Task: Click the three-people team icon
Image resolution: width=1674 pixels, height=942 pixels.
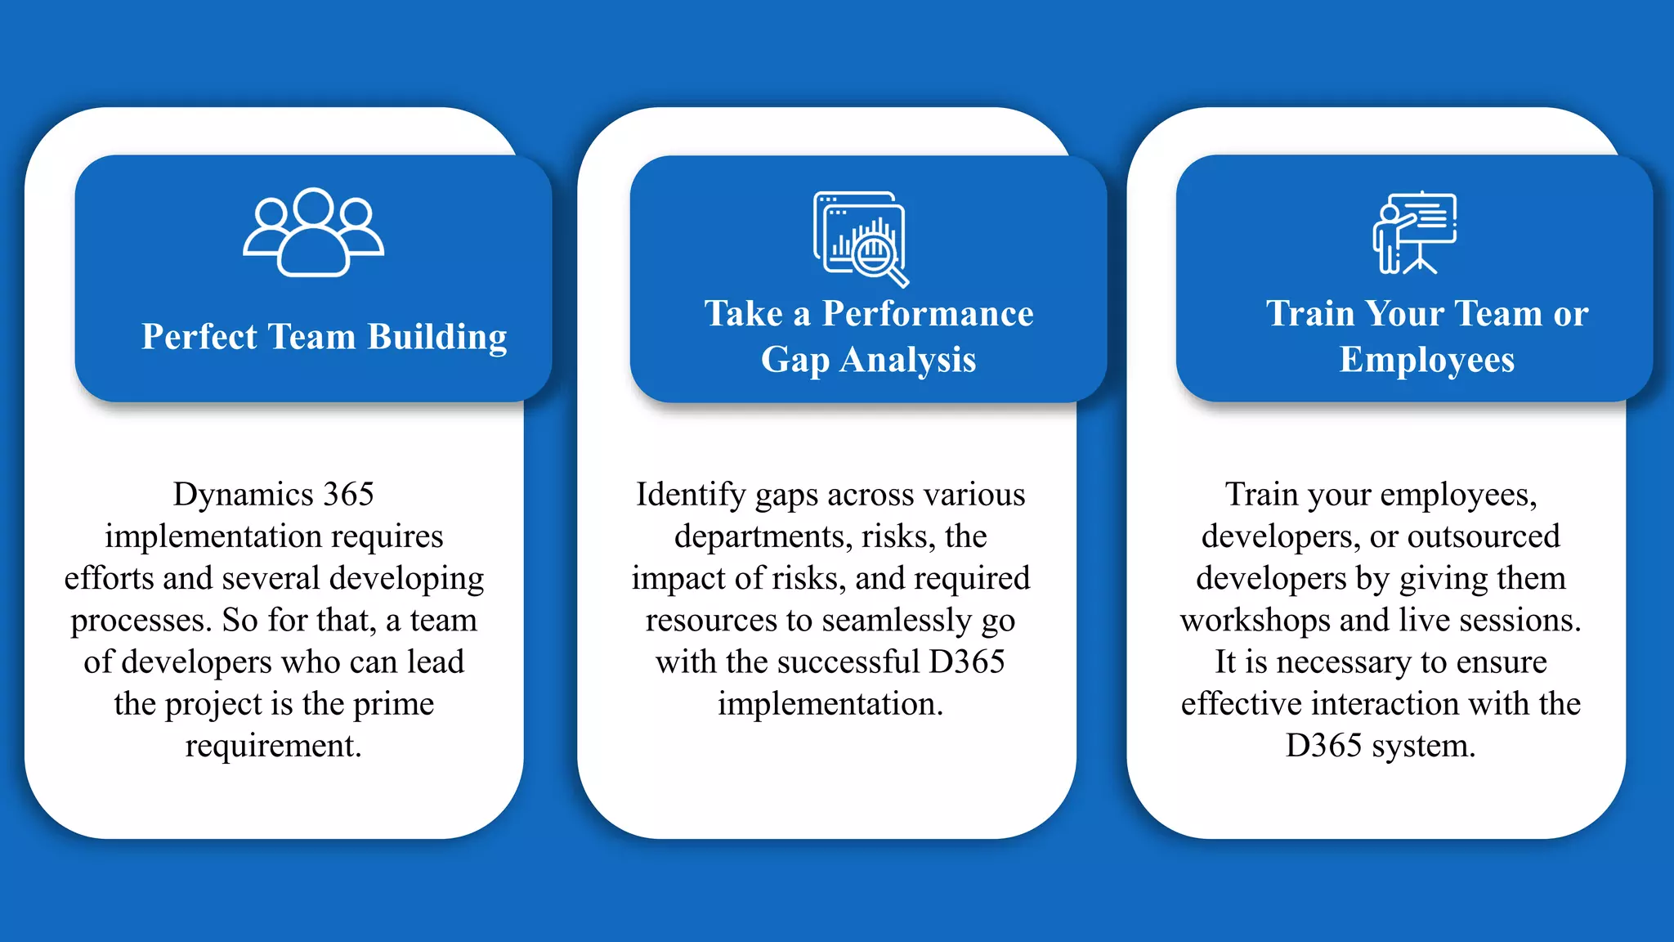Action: click(x=313, y=232)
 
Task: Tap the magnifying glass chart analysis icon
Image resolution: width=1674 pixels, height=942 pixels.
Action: click(x=861, y=238)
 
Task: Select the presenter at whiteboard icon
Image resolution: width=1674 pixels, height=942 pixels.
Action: click(x=1414, y=232)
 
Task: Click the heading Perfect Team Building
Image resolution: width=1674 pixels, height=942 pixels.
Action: click(x=324, y=337)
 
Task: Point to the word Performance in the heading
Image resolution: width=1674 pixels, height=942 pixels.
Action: click(x=928, y=314)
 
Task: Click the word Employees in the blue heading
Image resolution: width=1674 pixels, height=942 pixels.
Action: click(x=1426, y=360)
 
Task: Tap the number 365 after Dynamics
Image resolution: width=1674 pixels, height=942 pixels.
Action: click(x=349, y=494)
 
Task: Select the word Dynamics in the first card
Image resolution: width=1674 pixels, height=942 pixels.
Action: click(x=244, y=494)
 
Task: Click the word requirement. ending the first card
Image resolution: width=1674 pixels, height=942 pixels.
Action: click(x=273, y=746)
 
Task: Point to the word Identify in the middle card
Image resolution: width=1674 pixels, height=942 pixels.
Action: click(x=691, y=494)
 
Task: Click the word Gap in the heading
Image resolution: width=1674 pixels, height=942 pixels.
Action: click(x=794, y=361)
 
